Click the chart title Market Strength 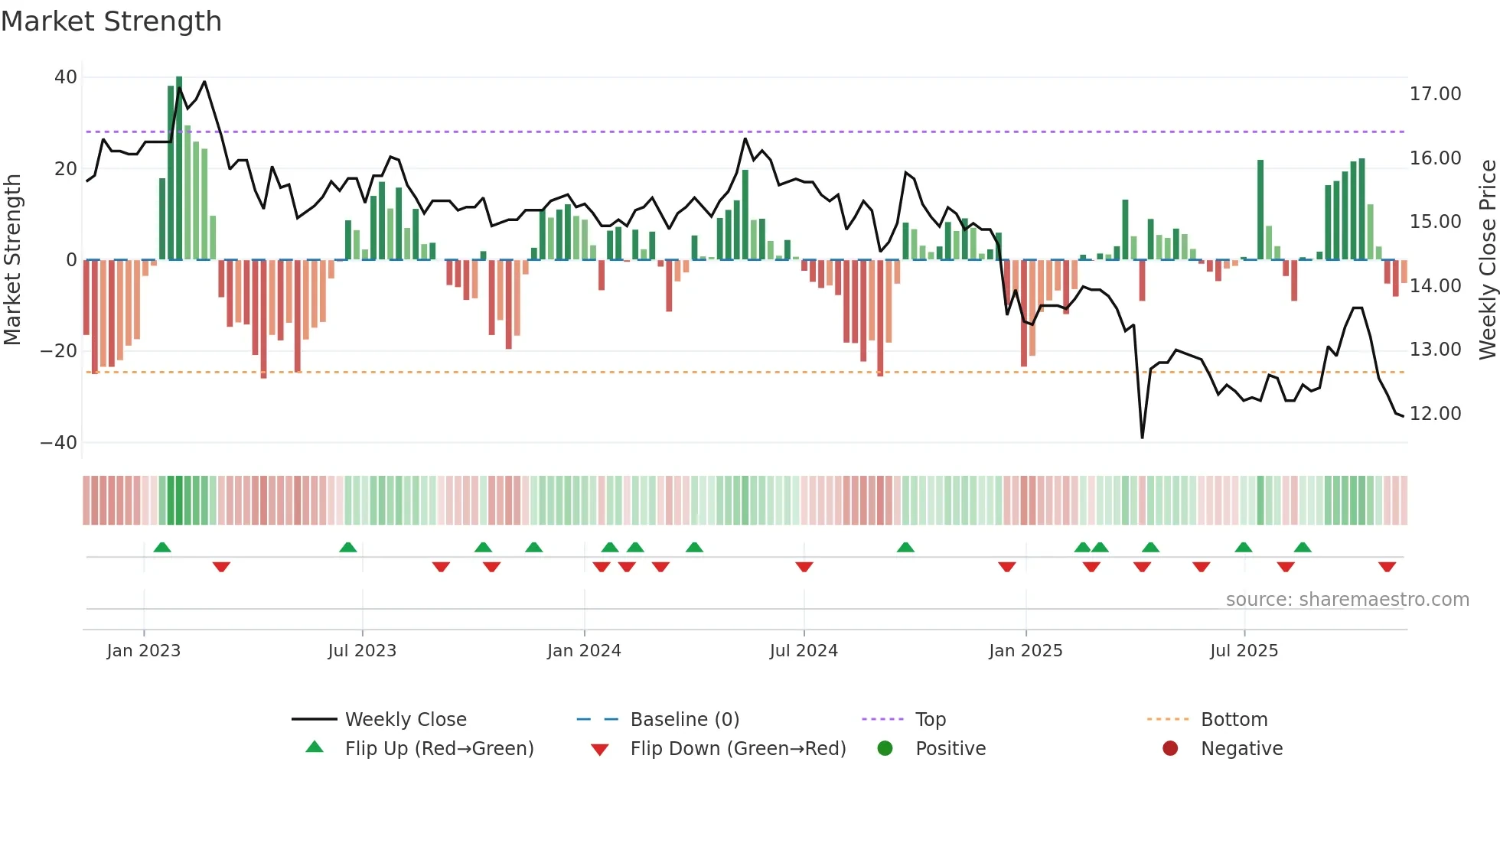point(111,21)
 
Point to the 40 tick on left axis point(66,77)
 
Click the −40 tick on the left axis point(59,443)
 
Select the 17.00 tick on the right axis point(1435,94)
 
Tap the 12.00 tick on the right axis point(1435,414)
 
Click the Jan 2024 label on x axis point(584,651)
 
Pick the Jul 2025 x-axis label point(1244,651)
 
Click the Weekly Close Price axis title point(1487,260)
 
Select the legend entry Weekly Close point(405,720)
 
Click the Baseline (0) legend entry point(684,720)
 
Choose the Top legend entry point(931,720)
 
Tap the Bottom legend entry point(1234,720)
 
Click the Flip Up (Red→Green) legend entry point(439,749)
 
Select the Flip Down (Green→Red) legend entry point(738,749)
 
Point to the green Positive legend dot point(885,749)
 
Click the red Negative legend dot point(1170,749)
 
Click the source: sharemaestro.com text point(1347,600)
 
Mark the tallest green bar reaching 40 point(179,168)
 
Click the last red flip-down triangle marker point(1387,567)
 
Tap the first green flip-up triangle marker point(162,547)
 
